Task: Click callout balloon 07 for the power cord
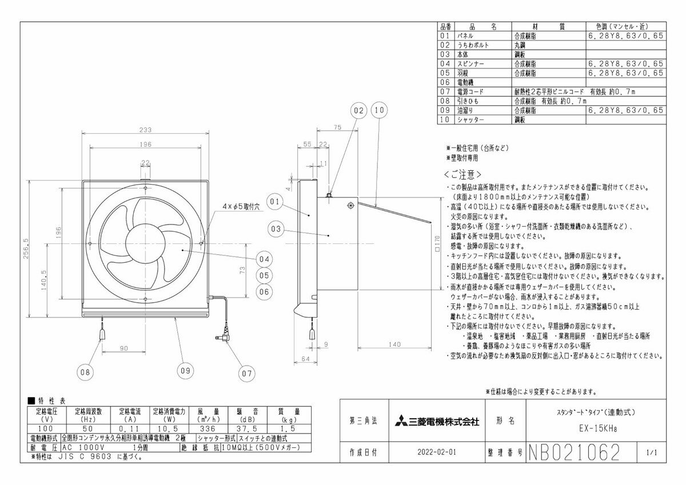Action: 246,374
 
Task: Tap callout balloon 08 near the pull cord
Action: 85,372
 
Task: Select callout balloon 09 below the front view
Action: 184,370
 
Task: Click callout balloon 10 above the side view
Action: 378,109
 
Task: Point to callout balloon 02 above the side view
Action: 358,109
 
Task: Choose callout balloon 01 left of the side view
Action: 275,201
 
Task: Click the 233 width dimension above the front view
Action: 146,130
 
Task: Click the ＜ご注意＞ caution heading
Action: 462,174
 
